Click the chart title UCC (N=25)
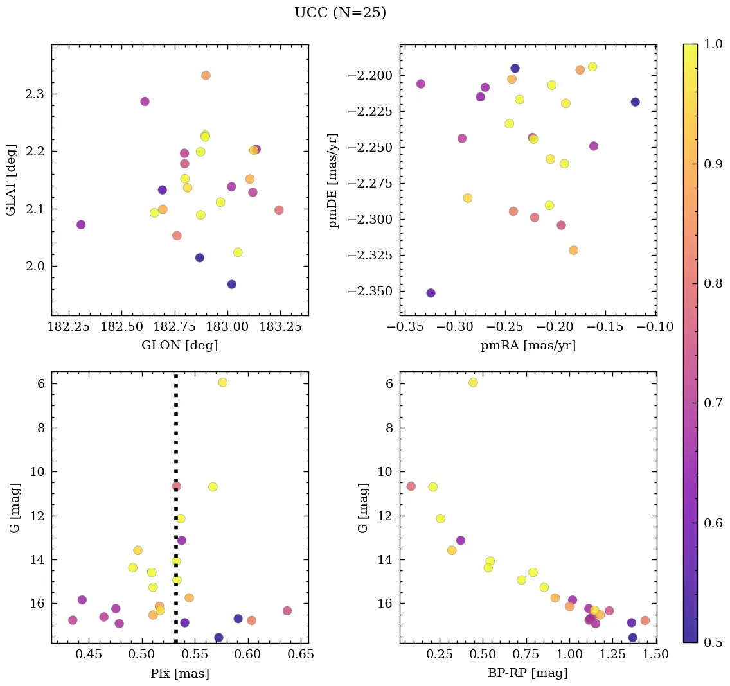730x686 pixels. (340, 13)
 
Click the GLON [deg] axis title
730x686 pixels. (179, 346)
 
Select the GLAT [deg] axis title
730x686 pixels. (11, 180)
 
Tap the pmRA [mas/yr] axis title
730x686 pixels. (528, 346)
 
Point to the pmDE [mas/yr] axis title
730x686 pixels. (333, 180)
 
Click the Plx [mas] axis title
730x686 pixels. (179, 673)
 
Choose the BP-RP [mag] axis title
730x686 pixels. (528, 673)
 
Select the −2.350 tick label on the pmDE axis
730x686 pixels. (369, 292)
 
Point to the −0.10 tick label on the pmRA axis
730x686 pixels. (655, 327)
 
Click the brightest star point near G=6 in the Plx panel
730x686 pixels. (223, 382)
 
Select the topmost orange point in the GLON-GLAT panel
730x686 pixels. (206, 75)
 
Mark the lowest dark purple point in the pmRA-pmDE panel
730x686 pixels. (431, 293)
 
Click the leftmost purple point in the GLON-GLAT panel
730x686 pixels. (81, 225)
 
